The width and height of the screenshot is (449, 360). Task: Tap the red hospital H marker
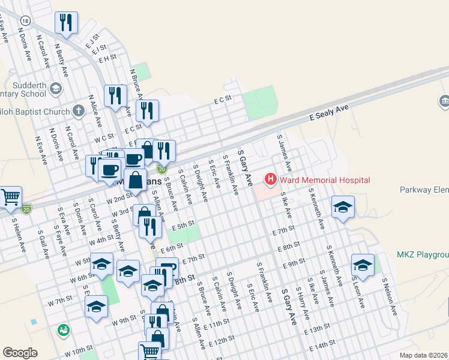271,179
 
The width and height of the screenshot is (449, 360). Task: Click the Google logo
20,353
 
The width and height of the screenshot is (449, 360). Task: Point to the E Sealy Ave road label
330,110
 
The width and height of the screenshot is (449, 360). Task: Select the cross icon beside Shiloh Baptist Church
78,111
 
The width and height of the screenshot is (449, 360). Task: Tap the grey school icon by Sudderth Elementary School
55,89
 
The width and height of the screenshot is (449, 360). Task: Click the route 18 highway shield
24,20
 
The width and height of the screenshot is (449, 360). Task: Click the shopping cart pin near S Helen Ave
10,197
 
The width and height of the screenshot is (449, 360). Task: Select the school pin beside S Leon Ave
363,264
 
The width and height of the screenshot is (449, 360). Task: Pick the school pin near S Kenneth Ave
343,206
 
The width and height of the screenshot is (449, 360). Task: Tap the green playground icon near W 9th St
64,329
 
